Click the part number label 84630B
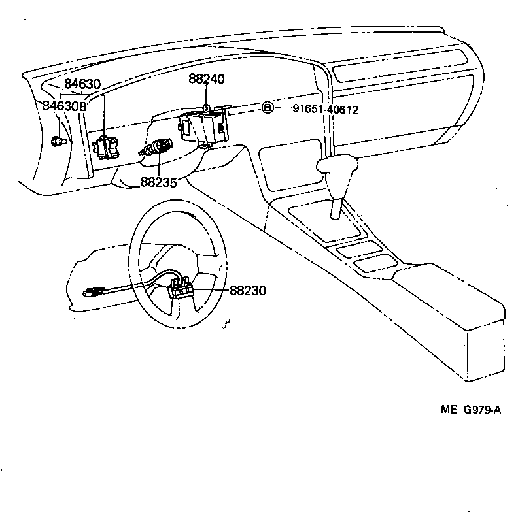[x=64, y=106]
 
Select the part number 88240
[x=206, y=79]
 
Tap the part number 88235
[x=158, y=182]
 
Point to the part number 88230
[x=248, y=290]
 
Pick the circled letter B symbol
[x=268, y=108]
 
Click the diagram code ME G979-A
[x=470, y=410]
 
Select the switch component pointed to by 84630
[x=105, y=146]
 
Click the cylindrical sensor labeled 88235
[x=157, y=148]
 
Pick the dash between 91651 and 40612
[x=318, y=110]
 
